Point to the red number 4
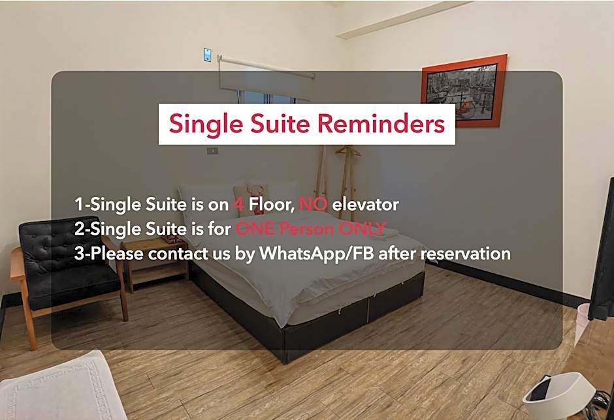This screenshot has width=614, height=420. pos(238,204)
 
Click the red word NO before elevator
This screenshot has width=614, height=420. pos(313,204)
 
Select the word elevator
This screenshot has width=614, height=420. pos(365,204)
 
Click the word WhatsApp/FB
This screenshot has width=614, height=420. pos(316,254)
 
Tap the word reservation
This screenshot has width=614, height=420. pos(466,254)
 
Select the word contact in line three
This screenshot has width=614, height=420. pos(178,254)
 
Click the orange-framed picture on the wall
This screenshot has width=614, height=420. pos(464,91)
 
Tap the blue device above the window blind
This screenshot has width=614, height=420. pos(208,55)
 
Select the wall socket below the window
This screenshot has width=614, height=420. pos(212,150)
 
